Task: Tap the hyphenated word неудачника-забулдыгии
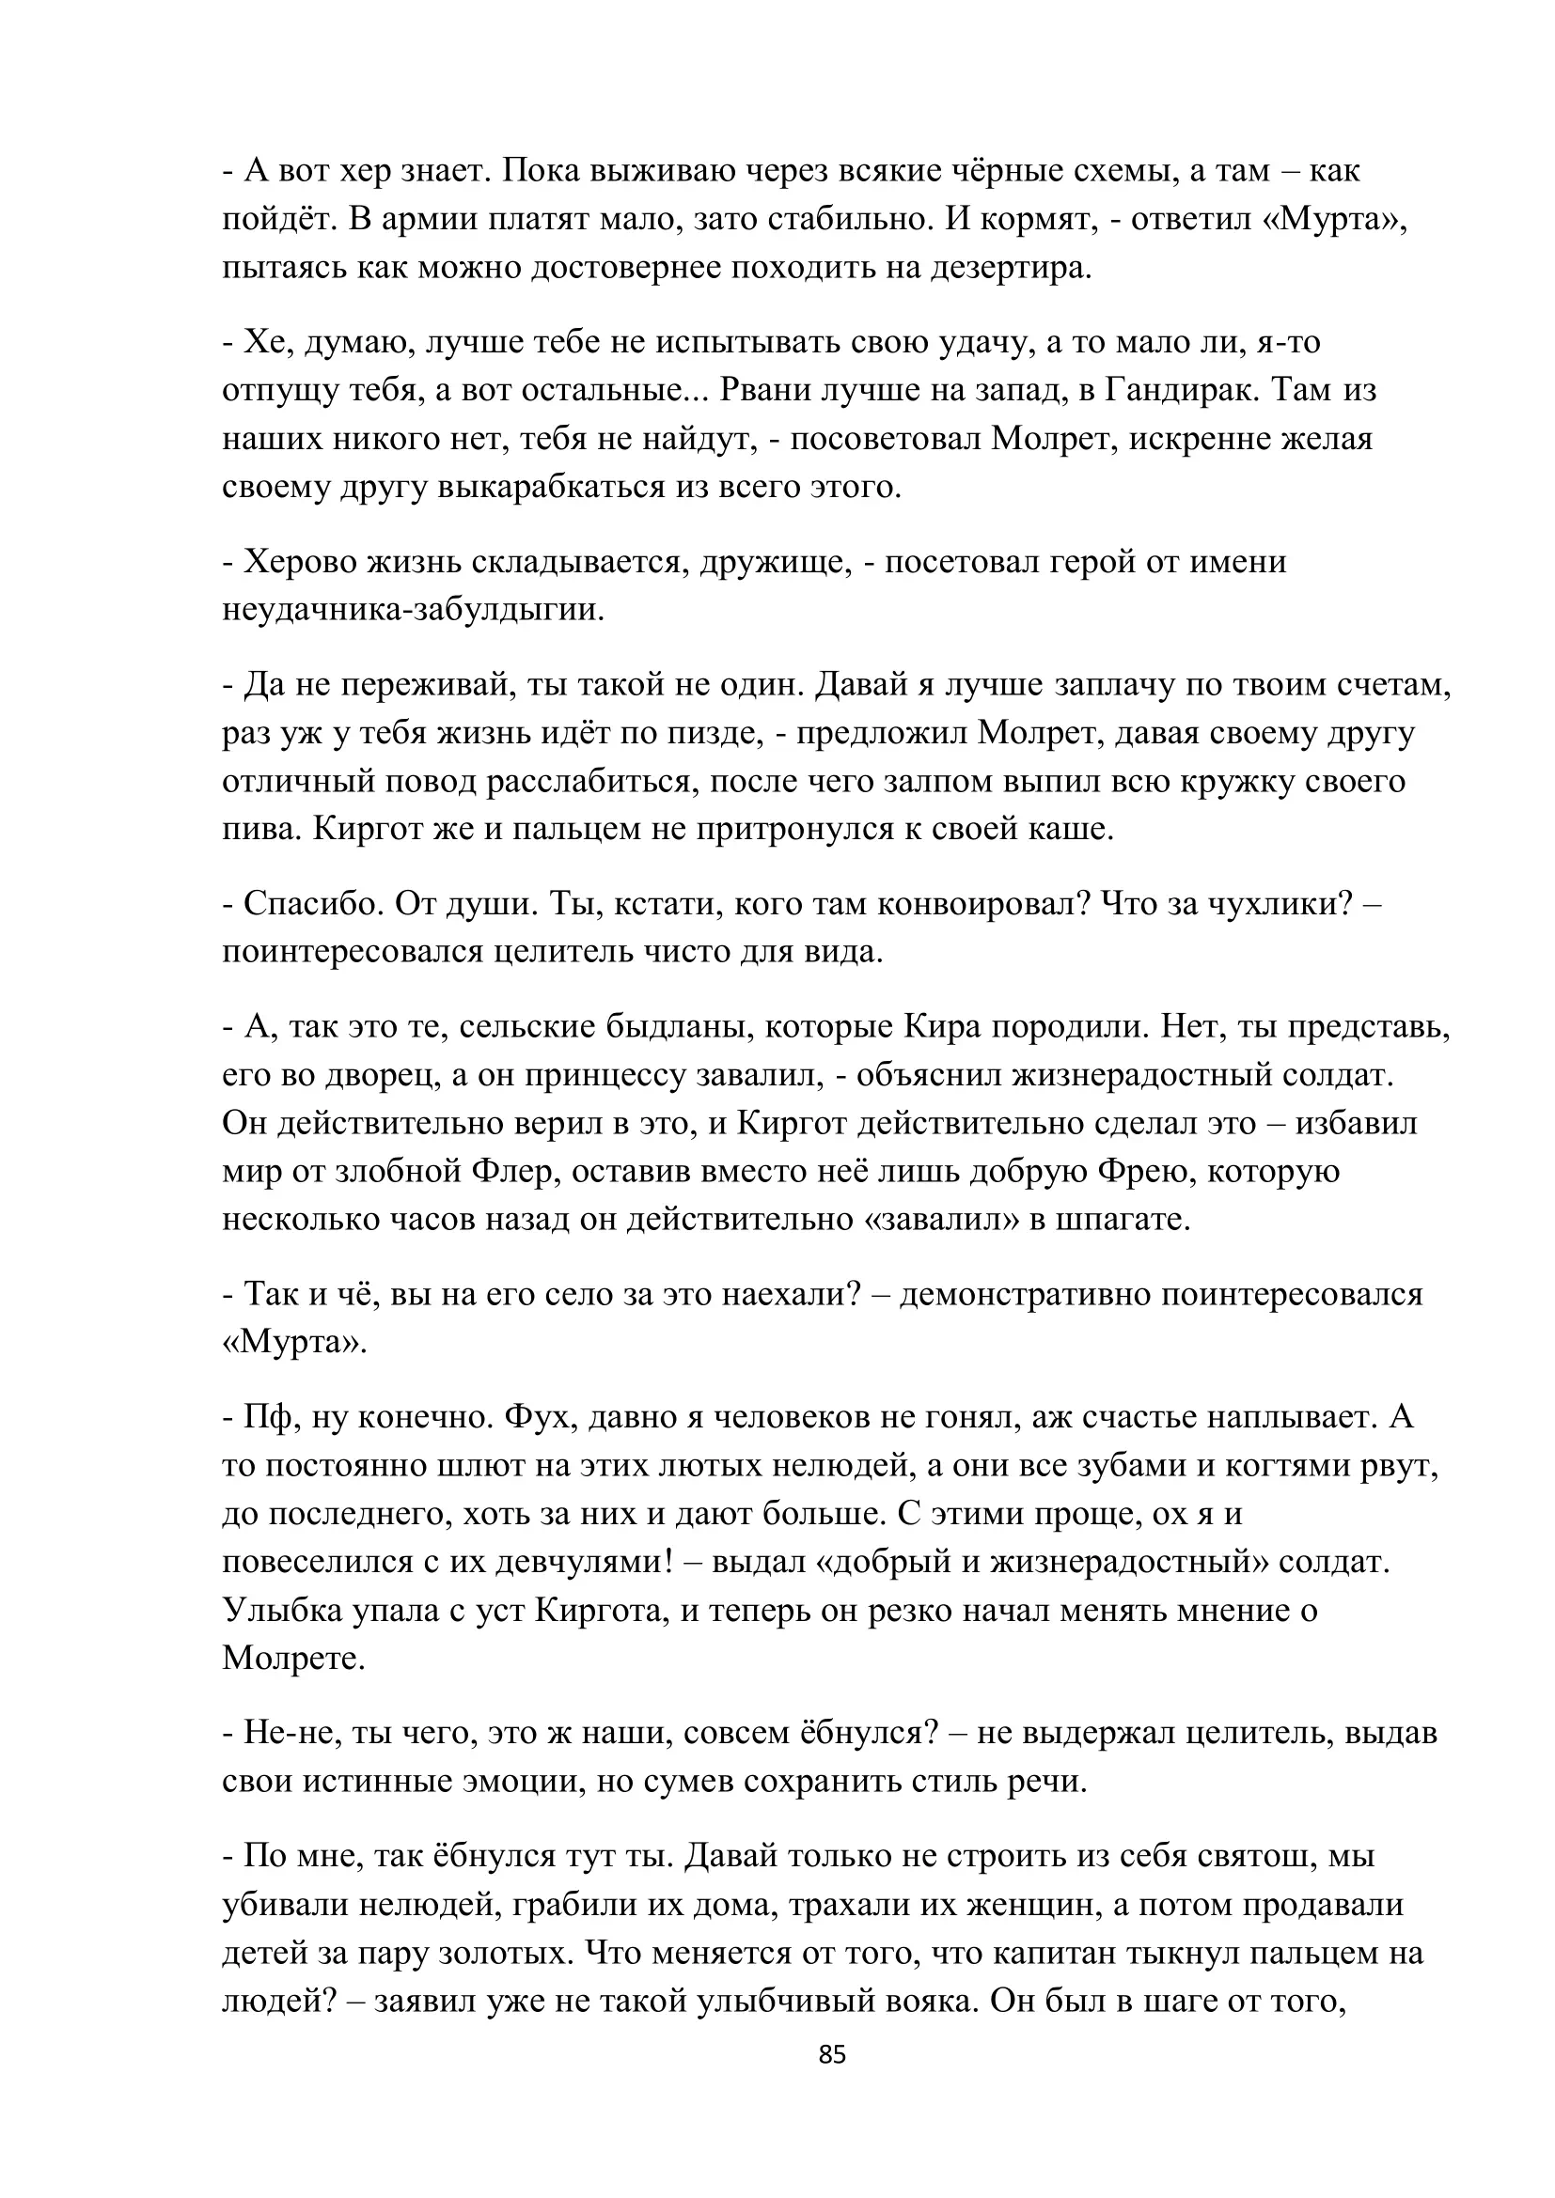[414, 610]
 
